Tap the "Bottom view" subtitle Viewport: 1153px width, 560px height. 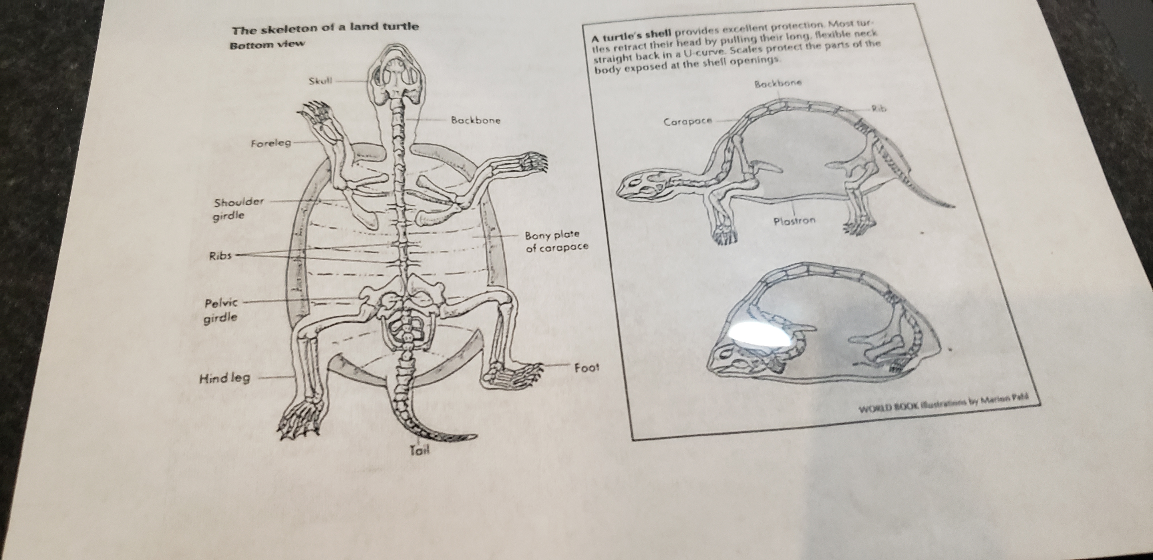pos(267,45)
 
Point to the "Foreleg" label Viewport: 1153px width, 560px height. pos(271,144)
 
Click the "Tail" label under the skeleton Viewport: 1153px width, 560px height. pos(420,450)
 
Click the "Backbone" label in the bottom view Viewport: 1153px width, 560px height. pos(475,120)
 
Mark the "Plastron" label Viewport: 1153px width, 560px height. pos(794,221)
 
